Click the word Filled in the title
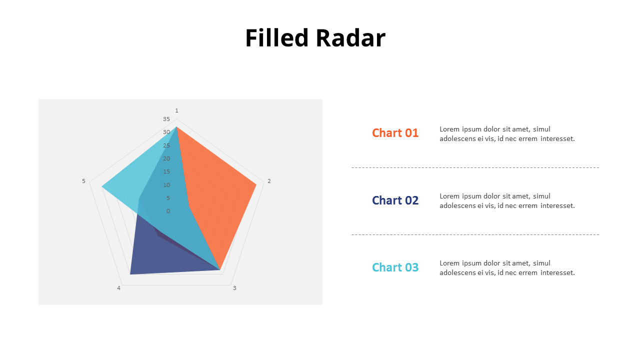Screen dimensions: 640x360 (277, 37)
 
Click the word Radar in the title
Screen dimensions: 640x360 (351, 37)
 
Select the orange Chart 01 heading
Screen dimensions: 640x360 (395, 133)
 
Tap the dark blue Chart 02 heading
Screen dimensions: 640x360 (395, 200)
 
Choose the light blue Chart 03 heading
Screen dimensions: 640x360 (395, 267)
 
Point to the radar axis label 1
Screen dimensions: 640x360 (176, 110)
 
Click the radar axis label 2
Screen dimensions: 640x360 (269, 181)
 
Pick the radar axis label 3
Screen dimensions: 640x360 (234, 288)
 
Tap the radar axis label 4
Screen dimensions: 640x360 (119, 288)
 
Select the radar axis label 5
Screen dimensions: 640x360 (83, 181)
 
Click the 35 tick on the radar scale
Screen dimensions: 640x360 (166, 119)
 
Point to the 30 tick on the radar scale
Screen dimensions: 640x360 (166, 132)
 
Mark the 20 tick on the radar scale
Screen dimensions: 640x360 (166, 158)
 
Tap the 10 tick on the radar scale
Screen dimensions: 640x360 (166, 185)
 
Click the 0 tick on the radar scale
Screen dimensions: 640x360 (168, 211)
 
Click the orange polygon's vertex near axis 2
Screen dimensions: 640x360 (256, 185)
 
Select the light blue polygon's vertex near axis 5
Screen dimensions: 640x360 (101, 187)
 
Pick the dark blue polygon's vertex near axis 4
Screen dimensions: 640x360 (130, 274)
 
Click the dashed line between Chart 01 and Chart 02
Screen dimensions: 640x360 (475, 167)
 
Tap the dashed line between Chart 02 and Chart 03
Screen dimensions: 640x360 (475, 235)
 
